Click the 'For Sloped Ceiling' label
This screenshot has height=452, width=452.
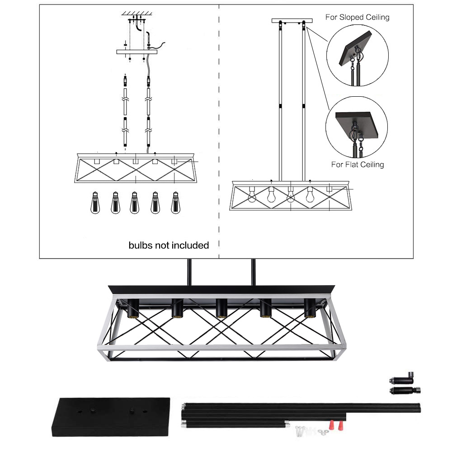357,17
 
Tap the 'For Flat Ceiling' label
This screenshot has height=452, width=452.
358,165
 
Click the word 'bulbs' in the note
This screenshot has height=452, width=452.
141,245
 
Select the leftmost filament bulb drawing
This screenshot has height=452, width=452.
95,202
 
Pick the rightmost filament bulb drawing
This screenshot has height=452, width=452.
175,202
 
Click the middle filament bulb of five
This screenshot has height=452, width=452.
135,202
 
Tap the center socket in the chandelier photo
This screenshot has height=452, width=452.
221,308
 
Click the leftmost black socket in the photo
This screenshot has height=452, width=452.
133,308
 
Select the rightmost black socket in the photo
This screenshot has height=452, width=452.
310,308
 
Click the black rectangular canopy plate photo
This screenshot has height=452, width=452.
111,417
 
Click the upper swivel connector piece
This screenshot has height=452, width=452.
402,378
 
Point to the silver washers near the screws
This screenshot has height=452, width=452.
323,432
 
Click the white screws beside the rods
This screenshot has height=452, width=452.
301,431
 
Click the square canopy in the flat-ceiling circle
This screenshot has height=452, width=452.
357,124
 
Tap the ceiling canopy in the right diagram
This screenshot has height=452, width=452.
292,21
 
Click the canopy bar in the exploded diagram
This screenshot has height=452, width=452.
137,52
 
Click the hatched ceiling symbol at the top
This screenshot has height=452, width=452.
137,13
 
